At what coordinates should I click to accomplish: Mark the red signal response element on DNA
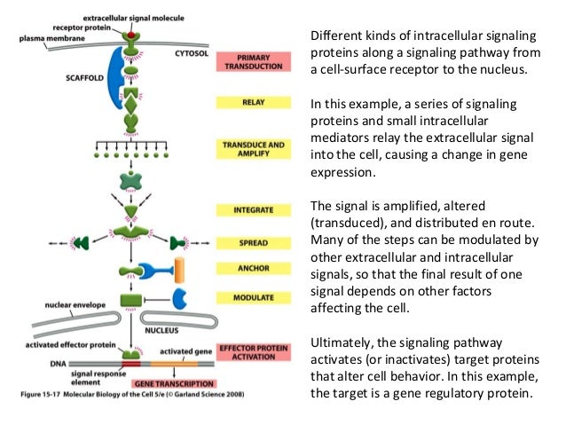131,363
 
